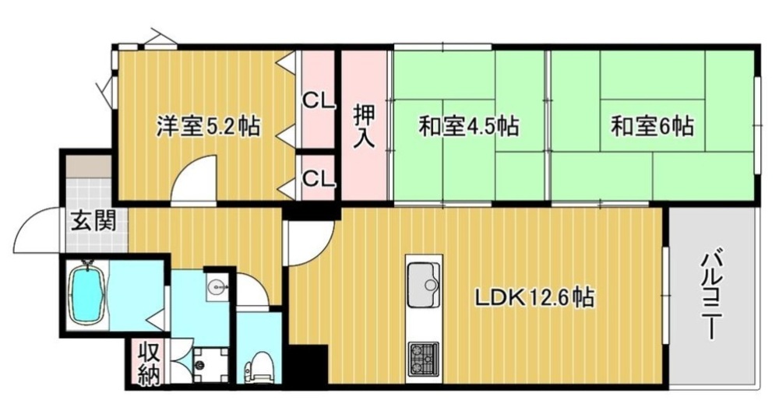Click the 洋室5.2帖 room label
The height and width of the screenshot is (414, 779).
(x=208, y=127)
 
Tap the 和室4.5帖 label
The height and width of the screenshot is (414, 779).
(x=468, y=126)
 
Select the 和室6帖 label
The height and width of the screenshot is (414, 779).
(x=652, y=126)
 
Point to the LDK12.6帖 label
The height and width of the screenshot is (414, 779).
(x=534, y=298)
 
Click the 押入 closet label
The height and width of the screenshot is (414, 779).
(x=365, y=125)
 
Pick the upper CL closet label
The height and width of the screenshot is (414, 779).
(x=319, y=102)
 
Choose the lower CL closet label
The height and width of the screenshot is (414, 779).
(x=319, y=178)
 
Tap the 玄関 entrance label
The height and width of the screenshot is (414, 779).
(x=93, y=220)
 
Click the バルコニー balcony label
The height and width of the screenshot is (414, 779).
(x=713, y=296)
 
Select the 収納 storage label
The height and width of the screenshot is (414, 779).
(x=149, y=363)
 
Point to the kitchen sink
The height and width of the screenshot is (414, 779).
(x=423, y=285)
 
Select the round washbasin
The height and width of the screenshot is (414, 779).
(x=217, y=286)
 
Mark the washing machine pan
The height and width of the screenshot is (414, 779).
(x=210, y=365)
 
